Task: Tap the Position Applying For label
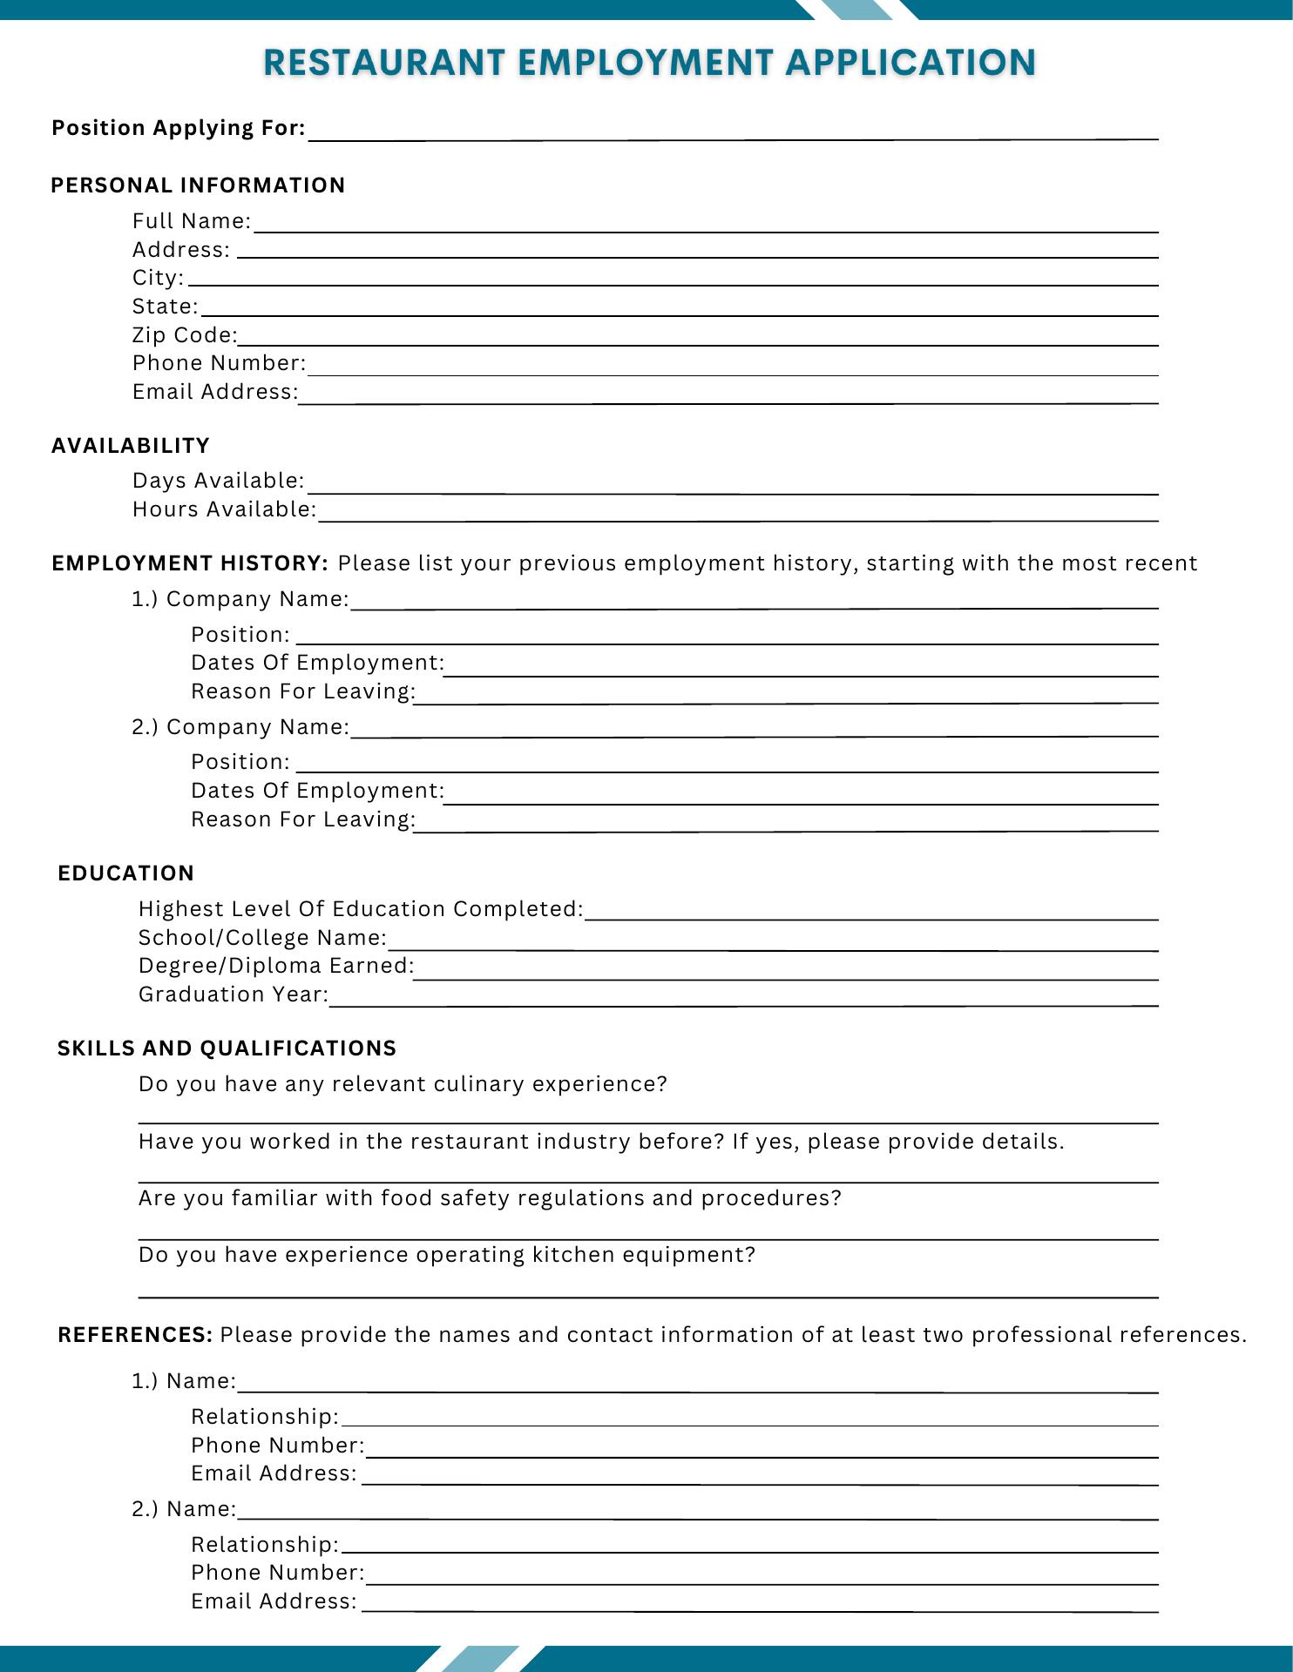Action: click(x=179, y=128)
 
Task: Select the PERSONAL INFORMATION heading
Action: click(x=198, y=185)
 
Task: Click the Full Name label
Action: click(x=192, y=221)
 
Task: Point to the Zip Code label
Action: click(x=185, y=335)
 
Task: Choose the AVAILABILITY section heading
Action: click(x=131, y=446)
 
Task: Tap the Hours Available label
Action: click(x=224, y=509)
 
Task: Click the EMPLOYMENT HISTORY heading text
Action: click(x=189, y=563)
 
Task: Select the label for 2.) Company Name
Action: click(x=240, y=727)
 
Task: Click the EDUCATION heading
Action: click(x=126, y=873)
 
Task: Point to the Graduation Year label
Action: click(x=234, y=994)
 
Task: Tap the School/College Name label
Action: click(x=262, y=938)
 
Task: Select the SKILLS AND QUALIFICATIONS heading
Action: click(x=227, y=1048)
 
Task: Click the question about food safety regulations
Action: click(x=490, y=1198)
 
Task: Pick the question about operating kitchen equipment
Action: click(x=447, y=1255)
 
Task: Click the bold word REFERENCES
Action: click(x=135, y=1335)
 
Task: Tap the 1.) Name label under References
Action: click(x=184, y=1381)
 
